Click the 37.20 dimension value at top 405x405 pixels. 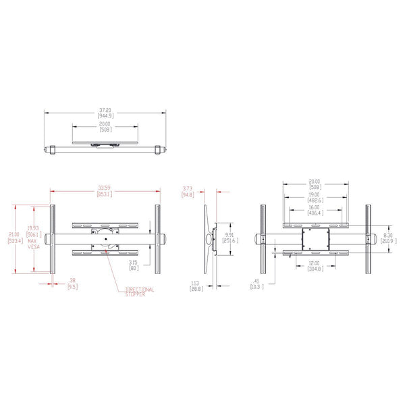pyautogui.click(x=105, y=110)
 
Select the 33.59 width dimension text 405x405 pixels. pyautogui.click(x=105, y=188)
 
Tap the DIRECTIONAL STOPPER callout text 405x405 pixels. pyautogui.click(x=140, y=292)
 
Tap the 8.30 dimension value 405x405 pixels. pyautogui.click(x=385, y=235)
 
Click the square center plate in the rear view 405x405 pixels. pyautogui.click(x=315, y=238)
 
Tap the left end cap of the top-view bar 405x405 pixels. pyautogui.click(x=50, y=150)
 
